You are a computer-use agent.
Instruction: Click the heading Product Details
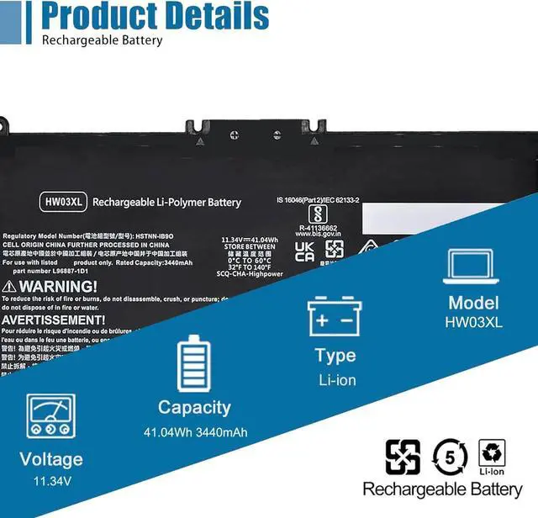(156, 16)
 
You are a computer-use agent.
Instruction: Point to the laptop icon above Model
(473, 265)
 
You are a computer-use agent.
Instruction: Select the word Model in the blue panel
(473, 303)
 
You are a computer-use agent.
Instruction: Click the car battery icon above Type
(335, 317)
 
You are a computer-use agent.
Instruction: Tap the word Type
(335, 356)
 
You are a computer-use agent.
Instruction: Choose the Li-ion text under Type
(337, 380)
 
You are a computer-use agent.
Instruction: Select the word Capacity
(194, 408)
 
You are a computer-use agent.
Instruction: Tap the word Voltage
(52, 459)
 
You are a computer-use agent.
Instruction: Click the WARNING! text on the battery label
(50, 286)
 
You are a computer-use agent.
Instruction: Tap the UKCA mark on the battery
(304, 251)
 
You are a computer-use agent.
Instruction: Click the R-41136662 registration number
(317, 226)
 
